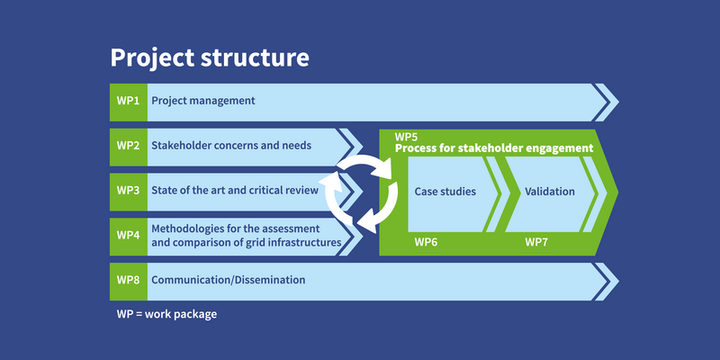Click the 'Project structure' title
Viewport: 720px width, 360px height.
tap(210, 58)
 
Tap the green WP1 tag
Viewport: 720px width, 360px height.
tap(129, 103)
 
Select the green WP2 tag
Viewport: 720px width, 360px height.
tap(129, 147)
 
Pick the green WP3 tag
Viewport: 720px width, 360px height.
tap(129, 192)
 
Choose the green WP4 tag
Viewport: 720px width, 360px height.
tap(129, 237)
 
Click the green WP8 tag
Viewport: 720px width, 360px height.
tap(129, 282)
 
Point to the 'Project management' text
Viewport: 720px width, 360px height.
tap(203, 101)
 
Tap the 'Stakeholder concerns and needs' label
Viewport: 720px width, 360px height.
tap(231, 146)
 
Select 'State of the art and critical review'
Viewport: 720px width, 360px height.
tap(235, 190)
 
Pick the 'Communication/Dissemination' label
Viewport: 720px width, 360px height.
tap(229, 280)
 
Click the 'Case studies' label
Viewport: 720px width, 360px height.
tap(445, 192)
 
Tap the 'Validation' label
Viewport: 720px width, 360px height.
tap(550, 192)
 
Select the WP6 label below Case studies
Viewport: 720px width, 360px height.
tap(426, 242)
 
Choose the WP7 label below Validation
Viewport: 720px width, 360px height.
tap(536, 242)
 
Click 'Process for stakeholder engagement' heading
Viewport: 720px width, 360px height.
tap(494, 148)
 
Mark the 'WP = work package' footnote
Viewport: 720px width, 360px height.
tap(166, 315)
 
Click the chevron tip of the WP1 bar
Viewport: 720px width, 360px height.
tap(618, 103)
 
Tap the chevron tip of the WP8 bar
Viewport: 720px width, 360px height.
tap(618, 282)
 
